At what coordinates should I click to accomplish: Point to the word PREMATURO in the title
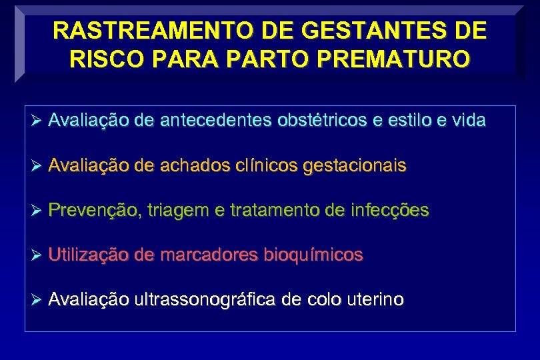tap(396, 59)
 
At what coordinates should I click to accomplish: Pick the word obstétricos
tap(311, 121)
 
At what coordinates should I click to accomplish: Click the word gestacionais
tap(353, 166)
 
